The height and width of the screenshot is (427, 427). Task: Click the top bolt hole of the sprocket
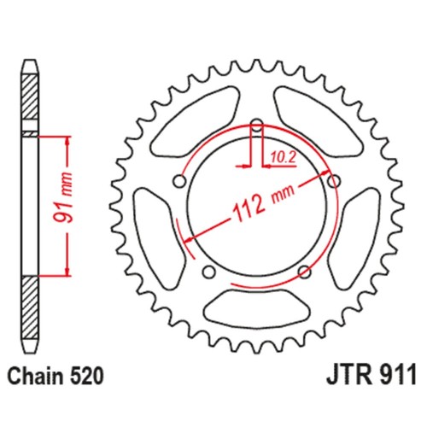(x=256, y=128)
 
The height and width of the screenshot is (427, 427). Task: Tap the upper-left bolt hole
(x=179, y=180)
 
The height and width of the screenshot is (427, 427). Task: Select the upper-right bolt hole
(x=333, y=180)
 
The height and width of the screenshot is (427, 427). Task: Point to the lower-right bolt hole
(x=305, y=272)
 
